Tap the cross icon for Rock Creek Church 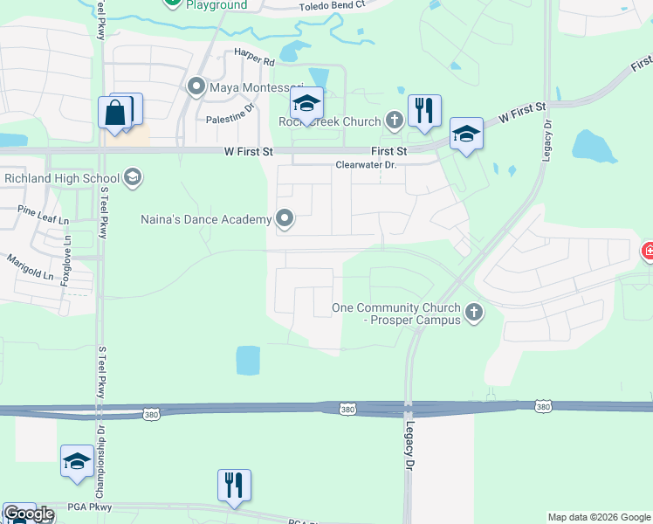(394, 121)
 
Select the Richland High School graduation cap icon (133, 178)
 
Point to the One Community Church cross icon (474, 312)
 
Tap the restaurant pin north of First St (424, 111)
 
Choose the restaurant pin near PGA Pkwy (234, 486)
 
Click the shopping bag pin (115, 113)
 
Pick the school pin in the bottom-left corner (77, 461)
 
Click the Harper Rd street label (254, 63)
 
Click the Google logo (29, 514)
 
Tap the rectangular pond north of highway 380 (248, 360)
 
